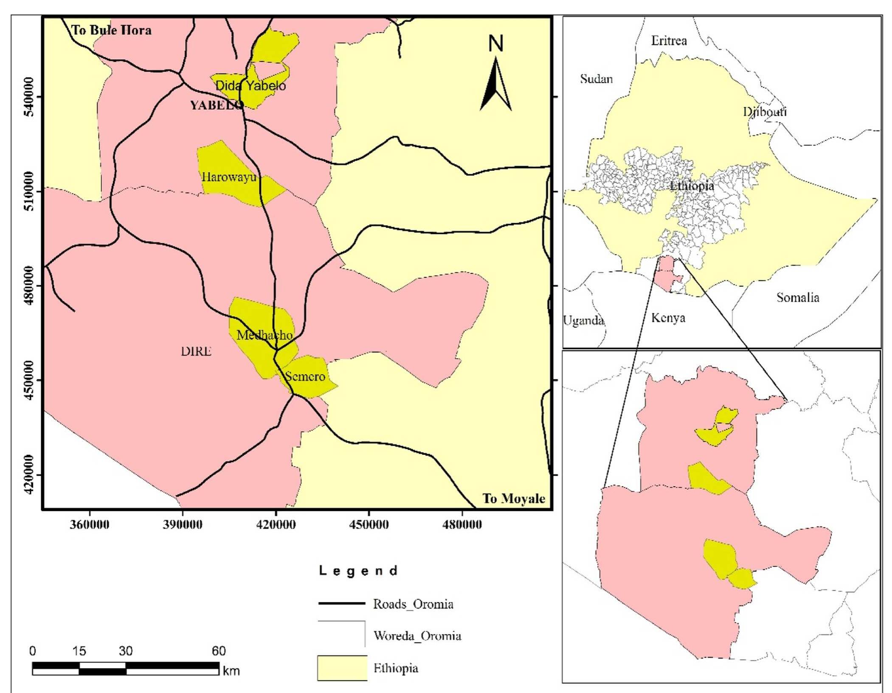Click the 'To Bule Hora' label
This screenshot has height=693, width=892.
111,30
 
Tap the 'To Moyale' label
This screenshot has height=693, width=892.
513,499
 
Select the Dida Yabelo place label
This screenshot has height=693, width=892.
250,85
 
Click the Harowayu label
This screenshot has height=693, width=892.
229,177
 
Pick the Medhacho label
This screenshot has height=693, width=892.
264,335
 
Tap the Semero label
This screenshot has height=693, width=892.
305,376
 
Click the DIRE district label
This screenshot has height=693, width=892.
196,351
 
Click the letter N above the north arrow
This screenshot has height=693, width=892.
495,43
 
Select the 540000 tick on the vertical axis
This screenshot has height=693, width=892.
29,97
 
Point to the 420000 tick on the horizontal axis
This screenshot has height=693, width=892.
276,524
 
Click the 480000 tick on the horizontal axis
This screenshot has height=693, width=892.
461,524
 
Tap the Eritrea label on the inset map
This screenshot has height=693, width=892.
669,41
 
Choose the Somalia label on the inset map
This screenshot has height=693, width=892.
797,297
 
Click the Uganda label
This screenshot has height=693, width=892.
583,320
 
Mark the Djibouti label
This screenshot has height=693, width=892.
764,112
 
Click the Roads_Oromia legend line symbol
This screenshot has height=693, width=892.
341,603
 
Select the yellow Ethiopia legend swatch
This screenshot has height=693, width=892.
342,668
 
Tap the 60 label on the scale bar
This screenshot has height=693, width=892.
218,651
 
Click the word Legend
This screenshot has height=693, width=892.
358,571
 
